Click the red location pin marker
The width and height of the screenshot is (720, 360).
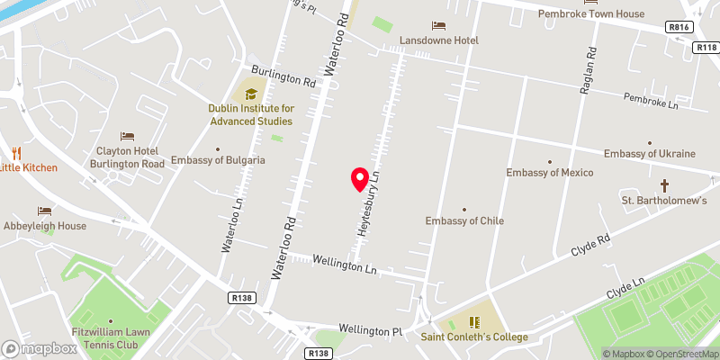(360, 179)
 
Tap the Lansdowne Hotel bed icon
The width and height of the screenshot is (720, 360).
(438, 24)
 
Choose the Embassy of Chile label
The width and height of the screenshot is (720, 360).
(464, 220)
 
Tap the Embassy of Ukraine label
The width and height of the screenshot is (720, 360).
(650, 154)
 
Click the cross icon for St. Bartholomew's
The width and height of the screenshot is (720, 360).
(666, 186)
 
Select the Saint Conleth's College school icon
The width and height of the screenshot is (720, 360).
(474, 321)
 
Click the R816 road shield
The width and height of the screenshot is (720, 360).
(679, 28)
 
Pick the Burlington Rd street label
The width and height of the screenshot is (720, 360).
(283, 81)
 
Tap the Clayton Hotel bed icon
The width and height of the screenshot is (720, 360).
(127, 137)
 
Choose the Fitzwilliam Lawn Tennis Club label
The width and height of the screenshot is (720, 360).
(111, 337)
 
